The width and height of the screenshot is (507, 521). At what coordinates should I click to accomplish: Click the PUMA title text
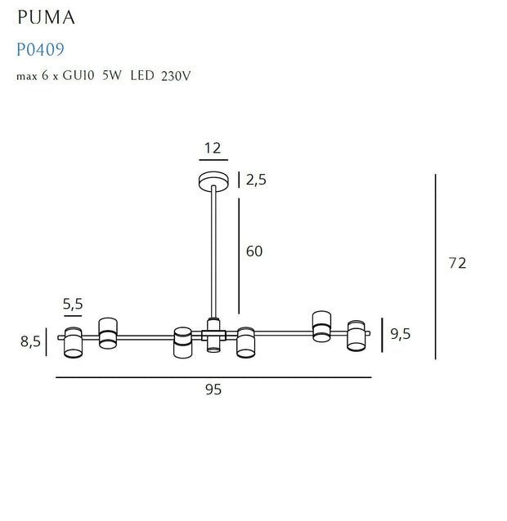51,17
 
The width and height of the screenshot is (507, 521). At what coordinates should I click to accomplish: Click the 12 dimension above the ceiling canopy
213,148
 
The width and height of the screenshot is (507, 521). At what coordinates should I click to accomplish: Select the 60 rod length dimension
254,252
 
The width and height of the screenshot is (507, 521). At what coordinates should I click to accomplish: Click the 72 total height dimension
458,263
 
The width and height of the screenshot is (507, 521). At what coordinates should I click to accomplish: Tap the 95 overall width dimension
213,390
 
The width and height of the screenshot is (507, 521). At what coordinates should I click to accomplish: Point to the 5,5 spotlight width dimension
74,305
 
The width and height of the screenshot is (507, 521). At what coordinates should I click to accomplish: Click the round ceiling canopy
214,180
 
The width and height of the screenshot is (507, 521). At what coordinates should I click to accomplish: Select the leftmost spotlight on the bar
74,342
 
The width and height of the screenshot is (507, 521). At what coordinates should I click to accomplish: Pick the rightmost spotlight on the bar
356,335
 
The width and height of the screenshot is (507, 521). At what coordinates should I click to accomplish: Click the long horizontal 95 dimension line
213,377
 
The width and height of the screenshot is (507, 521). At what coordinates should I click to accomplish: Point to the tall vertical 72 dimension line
436,266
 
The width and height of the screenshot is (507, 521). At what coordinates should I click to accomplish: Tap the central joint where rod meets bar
214,332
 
